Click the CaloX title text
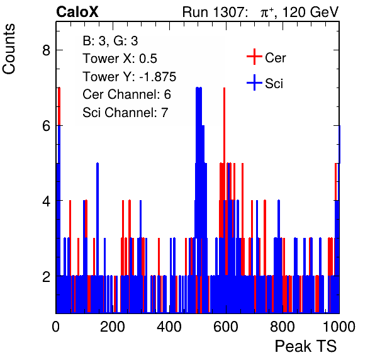click(x=77, y=12)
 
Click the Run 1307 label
click(x=213, y=12)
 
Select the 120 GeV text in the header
click(x=310, y=12)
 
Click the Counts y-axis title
click(x=9, y=49)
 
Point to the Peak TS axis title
click(x=306, y=346)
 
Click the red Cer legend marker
click(x=254, y=57)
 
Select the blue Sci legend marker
click(x=254, y=82)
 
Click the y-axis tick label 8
click(x=46, y=50)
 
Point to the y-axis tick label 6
click(x=46, y=126)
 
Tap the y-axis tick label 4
click(x=46, y=201)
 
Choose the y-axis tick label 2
click(x=46, y=276)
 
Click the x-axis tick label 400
click(x=169, y=327)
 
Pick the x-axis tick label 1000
click(x=339, y=327)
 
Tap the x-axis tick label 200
click(x=113, y=327)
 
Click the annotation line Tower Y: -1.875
click(x=130, y=77)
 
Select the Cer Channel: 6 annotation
click(x=126, y=94)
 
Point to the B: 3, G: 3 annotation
click(x=110, y=41)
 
